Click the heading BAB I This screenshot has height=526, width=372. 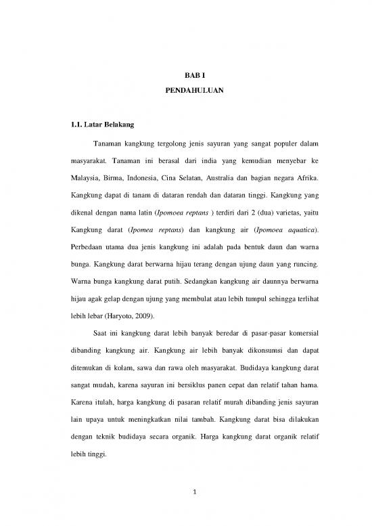(185, 77)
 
